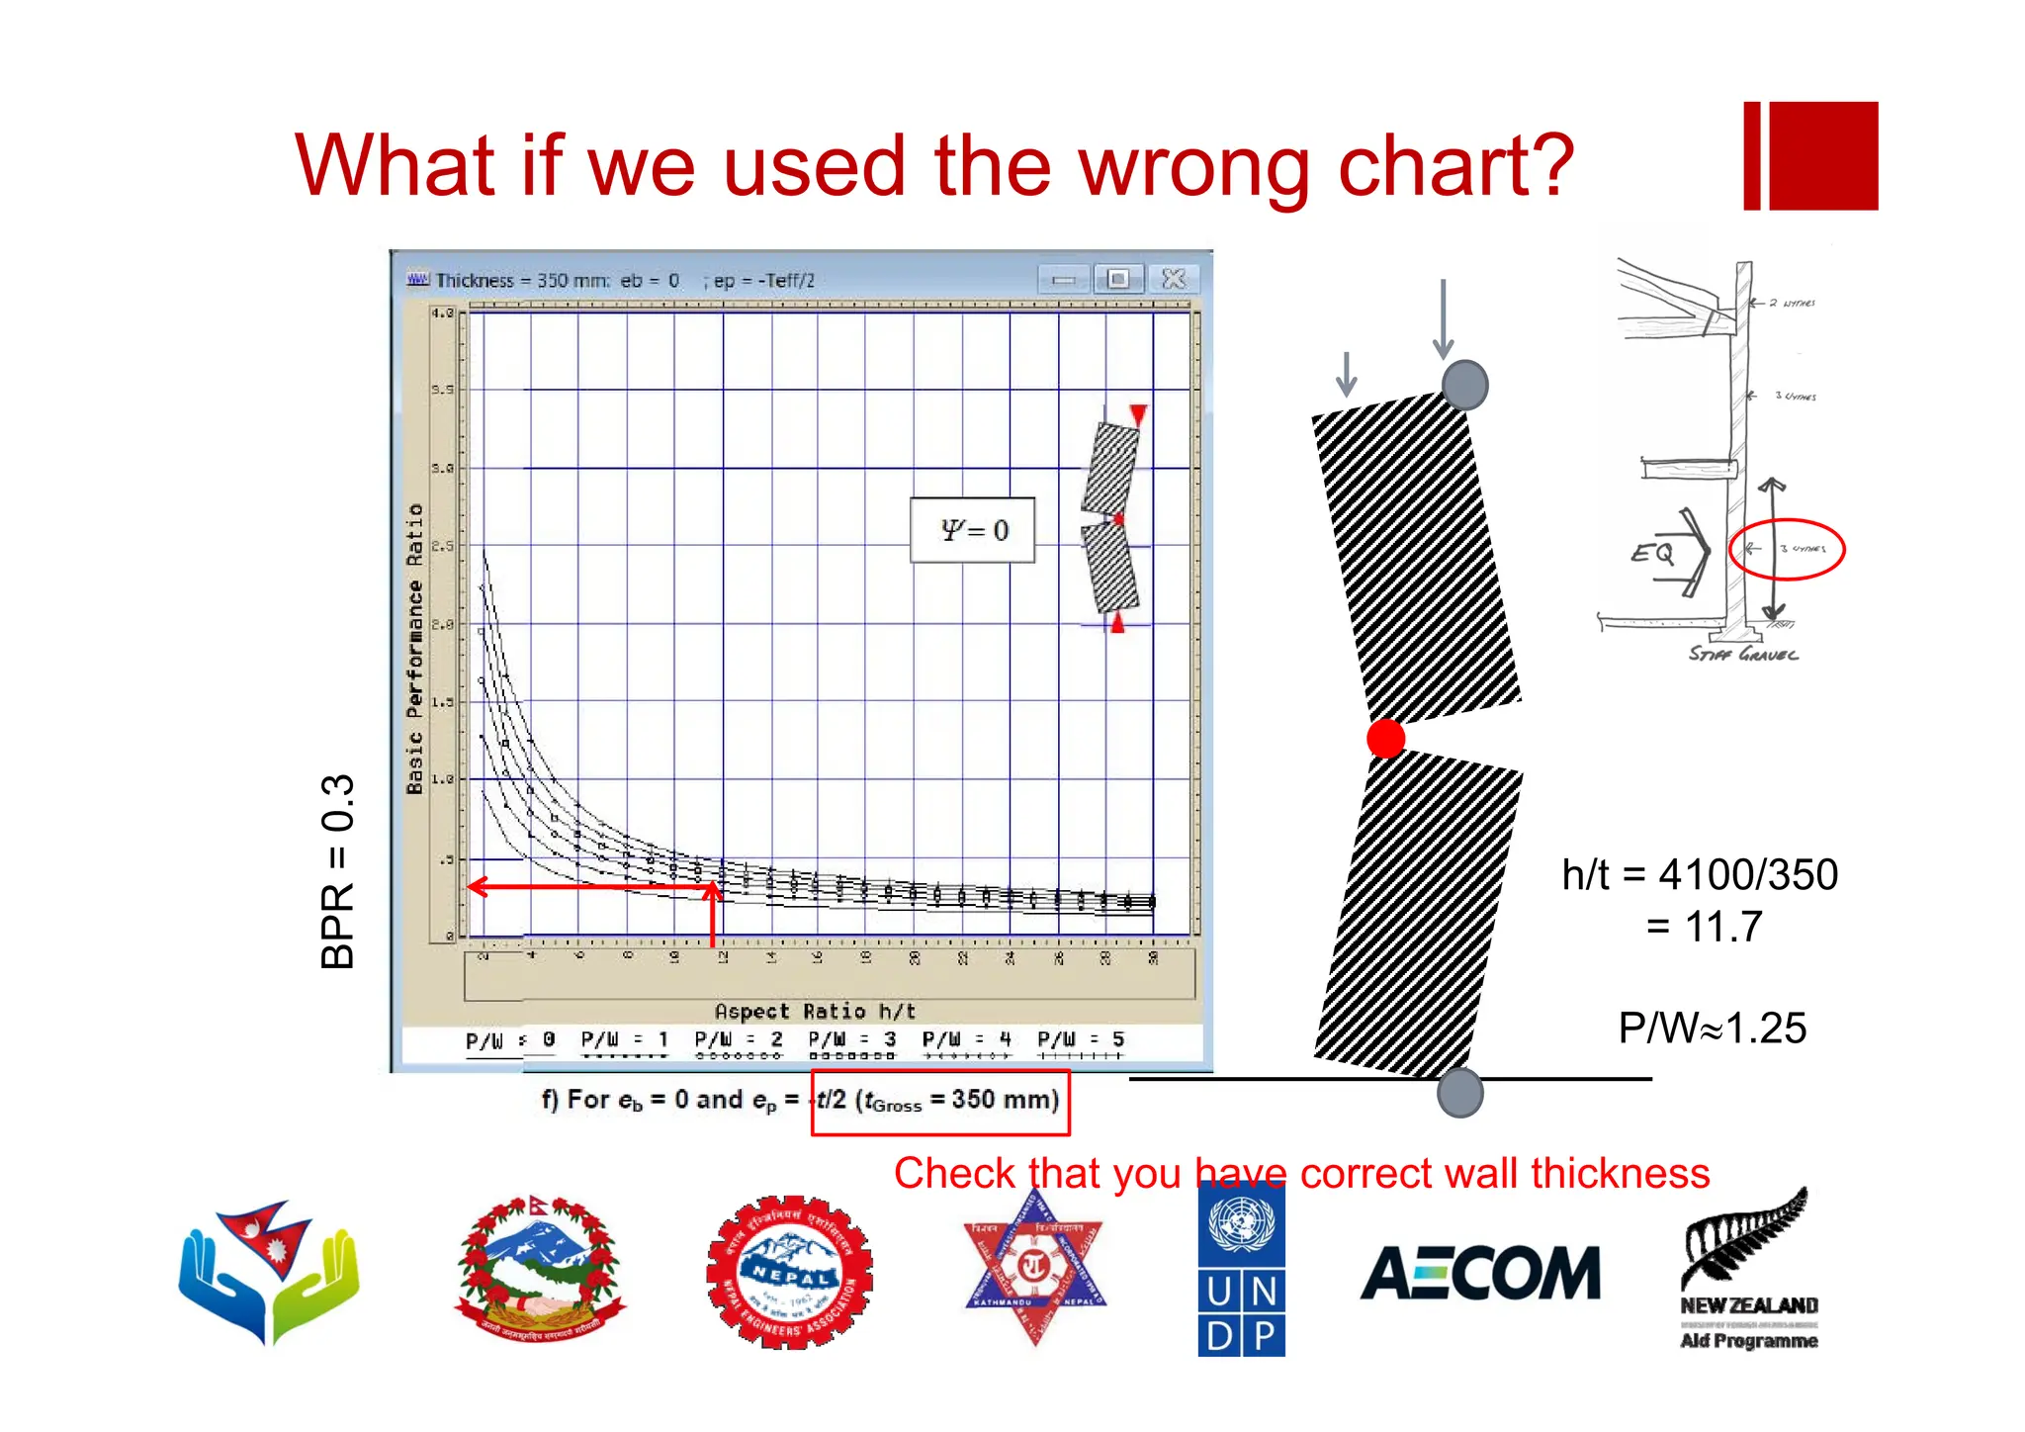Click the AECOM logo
click(1480, 1273)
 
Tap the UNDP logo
click(1241, 1270)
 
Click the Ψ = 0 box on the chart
click(972, 530)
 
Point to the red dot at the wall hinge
click(1385, 738)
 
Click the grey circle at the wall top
click(1464, 385)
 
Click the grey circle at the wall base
click(1459, 1093)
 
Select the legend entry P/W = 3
click(851, 1040)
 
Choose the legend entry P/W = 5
click(1080, 1040)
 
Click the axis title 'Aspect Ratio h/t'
click(815, 1012)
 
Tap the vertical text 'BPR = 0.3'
click(337, 870)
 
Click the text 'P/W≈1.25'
click(1712, 1029)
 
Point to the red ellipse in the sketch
click(1786, 549)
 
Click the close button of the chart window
click(1173, 280)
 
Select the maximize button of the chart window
click(1118, 280)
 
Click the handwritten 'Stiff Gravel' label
click(1742, 654)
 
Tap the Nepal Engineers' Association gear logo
click(789, 1272)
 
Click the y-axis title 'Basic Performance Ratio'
click(415, 649)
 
